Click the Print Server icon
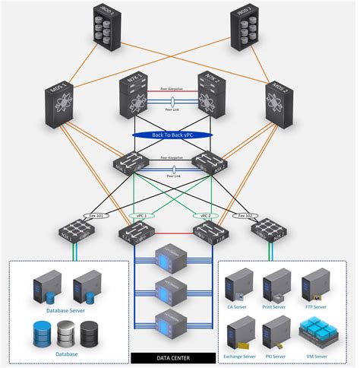point(276,284)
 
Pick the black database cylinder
point(90,334)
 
